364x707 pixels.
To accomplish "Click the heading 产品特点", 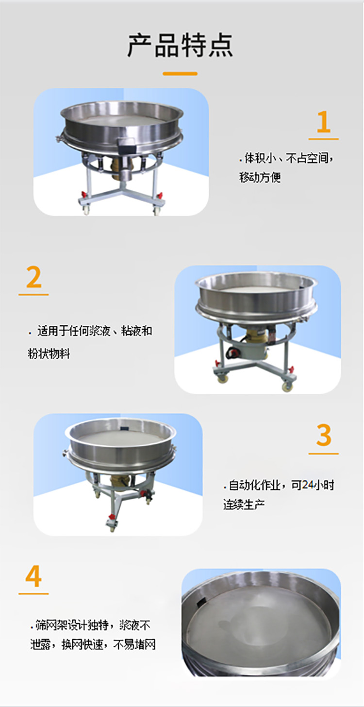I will point(180,45).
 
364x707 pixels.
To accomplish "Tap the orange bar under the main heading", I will point(180,74).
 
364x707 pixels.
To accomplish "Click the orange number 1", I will point(323,122).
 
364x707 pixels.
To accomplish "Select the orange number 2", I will point(33,277).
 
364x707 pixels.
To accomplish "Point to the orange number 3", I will point(324,436).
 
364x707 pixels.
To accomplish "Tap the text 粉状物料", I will point(49,354).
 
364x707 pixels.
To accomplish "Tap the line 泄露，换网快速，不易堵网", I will point(92,645).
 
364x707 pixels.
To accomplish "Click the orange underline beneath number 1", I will point(323,139).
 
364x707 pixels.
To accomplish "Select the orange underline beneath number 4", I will point(33,593).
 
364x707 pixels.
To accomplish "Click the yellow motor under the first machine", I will point(119,167).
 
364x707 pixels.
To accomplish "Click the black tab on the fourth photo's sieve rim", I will point(199,604).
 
